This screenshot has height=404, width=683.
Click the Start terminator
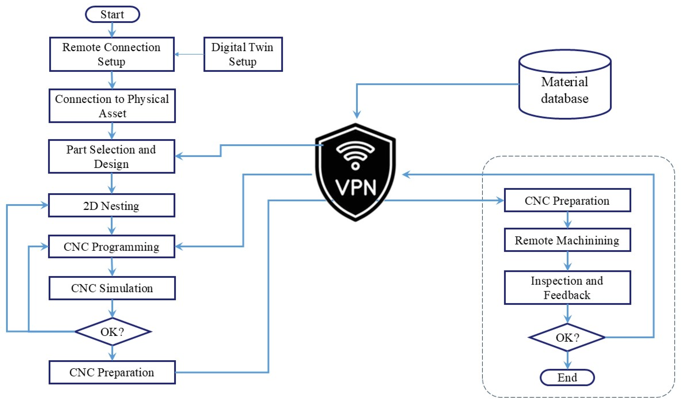112,14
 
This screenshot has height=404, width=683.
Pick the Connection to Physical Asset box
112,106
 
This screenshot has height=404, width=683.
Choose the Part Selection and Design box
112,157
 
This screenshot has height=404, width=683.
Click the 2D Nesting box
112,206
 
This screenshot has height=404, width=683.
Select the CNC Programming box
112,247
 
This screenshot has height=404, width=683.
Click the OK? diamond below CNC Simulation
112,332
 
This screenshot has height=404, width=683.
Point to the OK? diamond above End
567,338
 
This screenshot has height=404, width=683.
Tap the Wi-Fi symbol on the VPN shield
355,155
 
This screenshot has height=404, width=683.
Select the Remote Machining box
567,240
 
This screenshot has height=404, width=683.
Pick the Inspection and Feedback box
567,288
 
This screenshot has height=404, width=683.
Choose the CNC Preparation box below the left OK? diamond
112,372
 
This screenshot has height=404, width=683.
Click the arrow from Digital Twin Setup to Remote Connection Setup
189,54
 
